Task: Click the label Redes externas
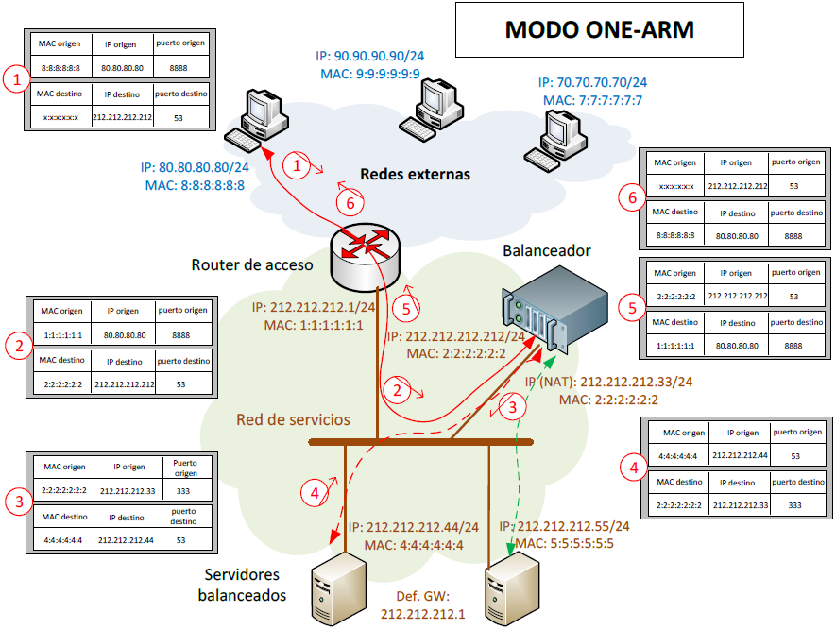415,175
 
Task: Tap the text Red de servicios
293,419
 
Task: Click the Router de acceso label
251,265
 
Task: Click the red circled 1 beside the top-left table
16,79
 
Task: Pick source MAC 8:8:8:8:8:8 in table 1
61,68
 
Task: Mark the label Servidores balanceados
242,585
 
